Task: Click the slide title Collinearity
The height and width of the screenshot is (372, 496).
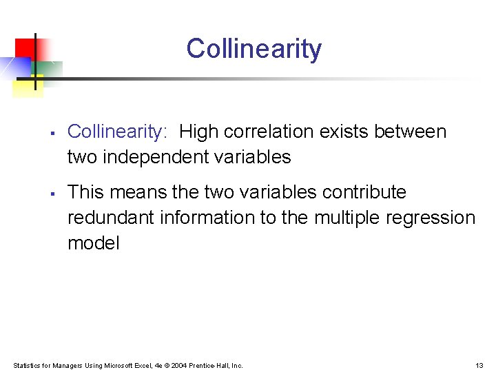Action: coord(254,49)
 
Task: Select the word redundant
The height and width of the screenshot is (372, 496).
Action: coord(111,218)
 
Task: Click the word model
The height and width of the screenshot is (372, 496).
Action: coord(94,243)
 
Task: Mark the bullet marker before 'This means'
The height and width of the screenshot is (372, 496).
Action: coord(52,193)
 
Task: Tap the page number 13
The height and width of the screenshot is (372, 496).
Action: coord(479,365)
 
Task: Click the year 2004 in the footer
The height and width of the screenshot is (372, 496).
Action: coord(178,365)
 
